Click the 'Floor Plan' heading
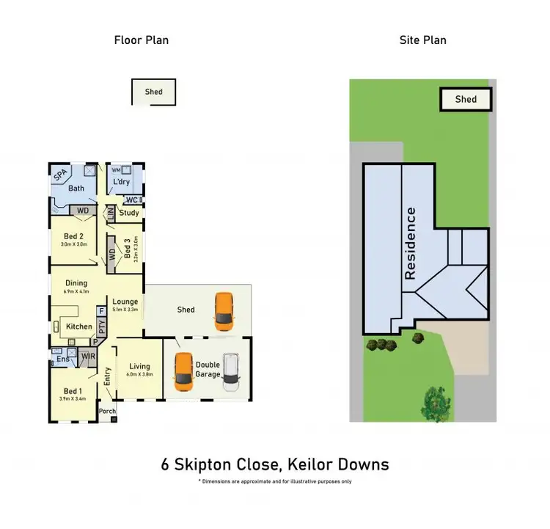coord(141,40)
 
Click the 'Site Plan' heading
coord(422,40)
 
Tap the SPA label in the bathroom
coord(61,175)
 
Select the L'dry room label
coord(121,182)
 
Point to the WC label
coord(132,200)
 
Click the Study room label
coord(129,213)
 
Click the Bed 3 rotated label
coord(128,249)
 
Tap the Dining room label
coord(76,283)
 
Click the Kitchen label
coord(79,326)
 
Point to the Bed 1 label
coord(73,390)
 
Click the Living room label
coord(139,366)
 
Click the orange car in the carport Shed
coord(224,312)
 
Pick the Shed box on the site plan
coord(466,99)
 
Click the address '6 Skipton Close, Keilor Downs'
coord(275,464)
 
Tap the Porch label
coord(107,411)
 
